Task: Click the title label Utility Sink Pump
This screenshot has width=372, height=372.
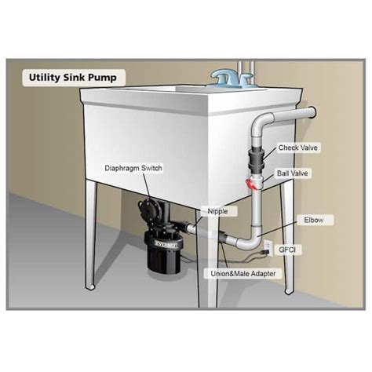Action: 67,80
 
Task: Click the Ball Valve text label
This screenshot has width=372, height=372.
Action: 292,171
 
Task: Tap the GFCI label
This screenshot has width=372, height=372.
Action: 297,249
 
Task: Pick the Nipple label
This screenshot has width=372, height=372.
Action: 219,210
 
